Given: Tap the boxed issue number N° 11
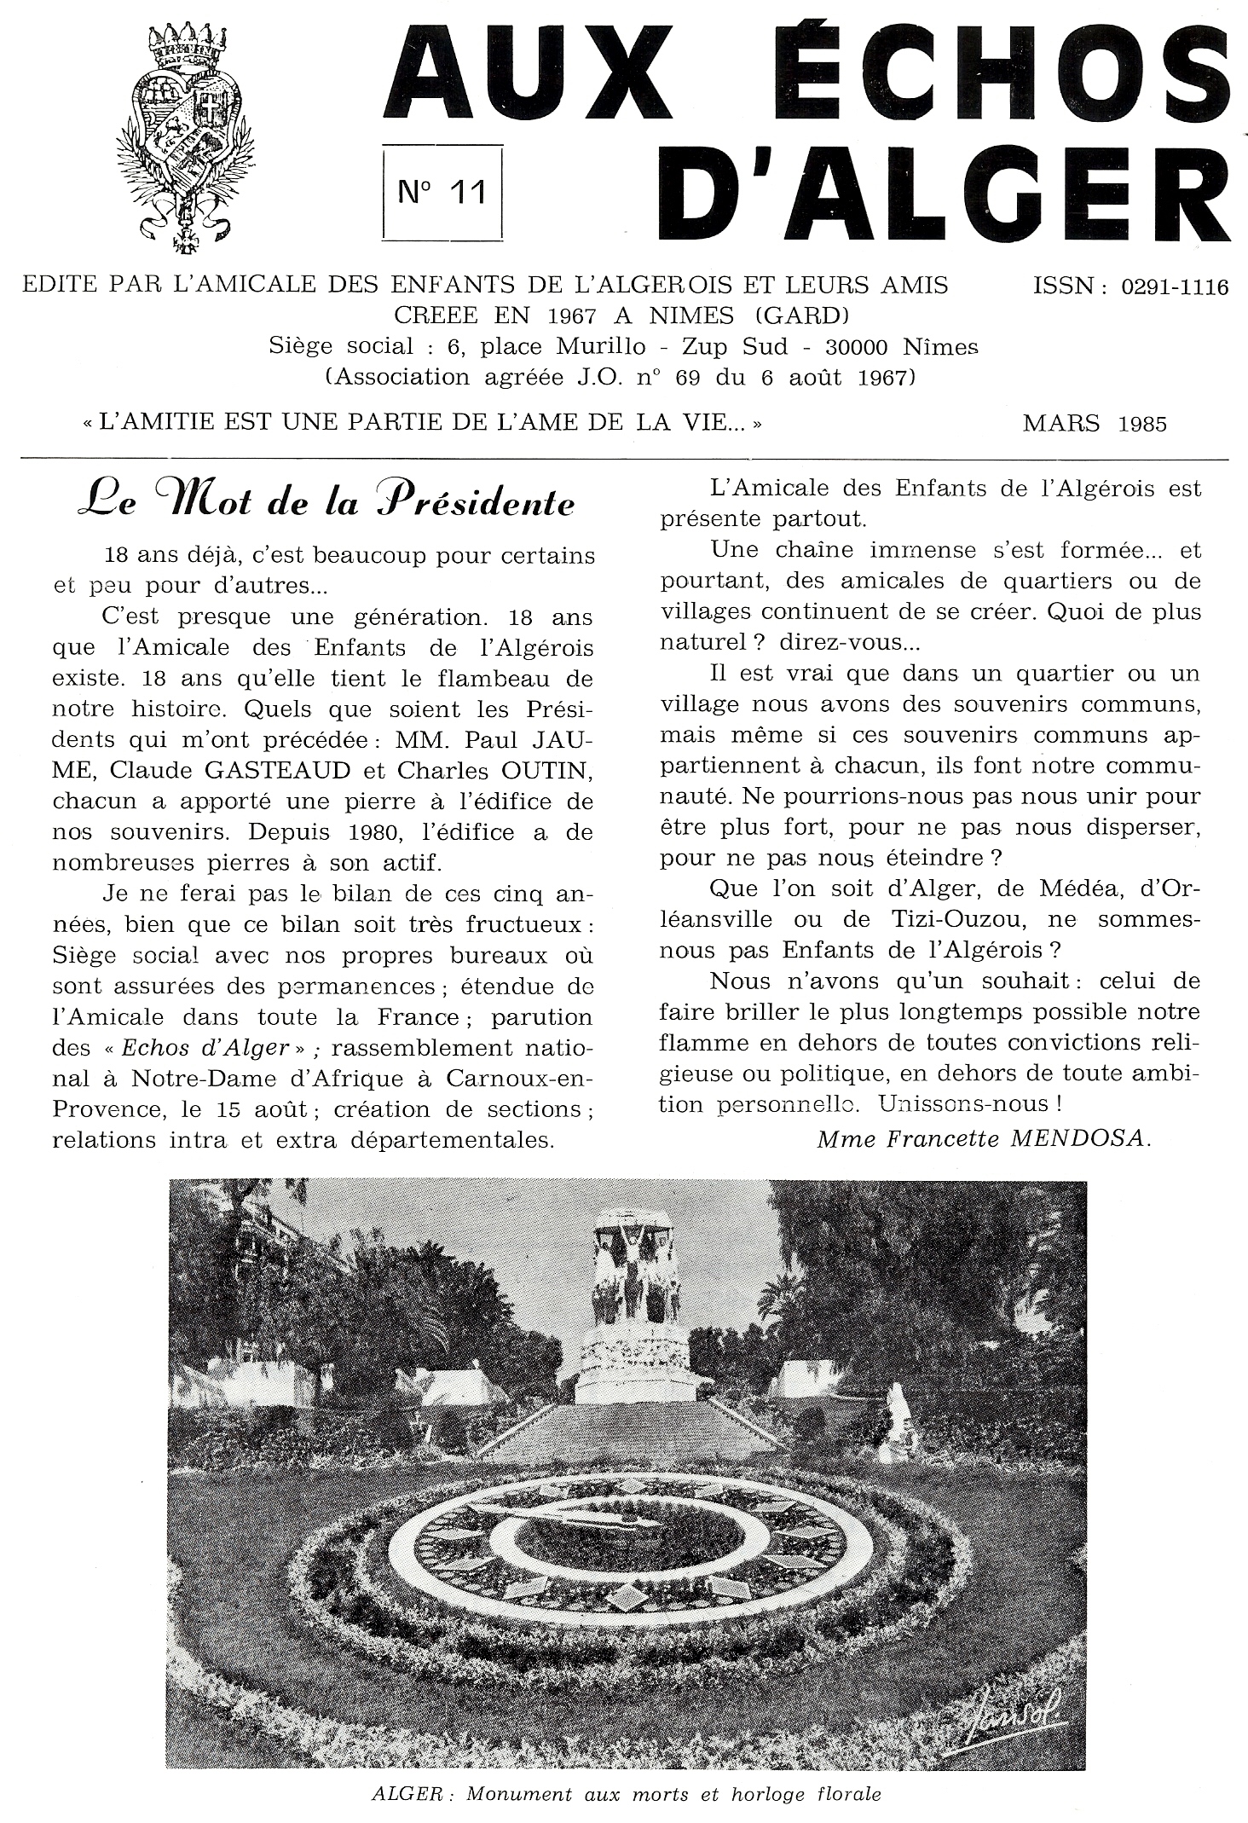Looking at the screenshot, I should tap(442, 192).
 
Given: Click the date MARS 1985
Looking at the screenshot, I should tap(1095, 423).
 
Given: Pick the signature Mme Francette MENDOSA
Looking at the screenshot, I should tap(983, 1139).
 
